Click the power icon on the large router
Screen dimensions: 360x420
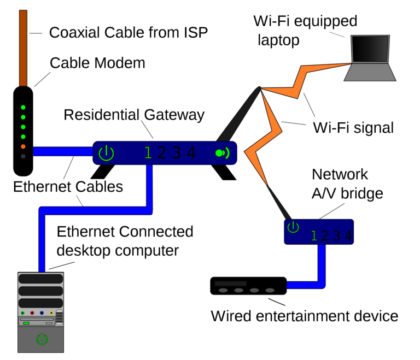point(106,154)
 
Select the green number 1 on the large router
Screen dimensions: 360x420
point(148,153)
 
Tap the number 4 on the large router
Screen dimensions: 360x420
point(191,153)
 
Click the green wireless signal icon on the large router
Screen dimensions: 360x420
point(222,153)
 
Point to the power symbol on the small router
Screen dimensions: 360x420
point(293,227)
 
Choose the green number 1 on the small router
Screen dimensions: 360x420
point(314,236)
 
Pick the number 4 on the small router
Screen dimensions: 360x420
point(348,236)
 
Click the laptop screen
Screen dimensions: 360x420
point(370,49)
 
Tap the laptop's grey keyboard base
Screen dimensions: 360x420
point(370,72)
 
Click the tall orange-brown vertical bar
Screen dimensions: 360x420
point(23,48)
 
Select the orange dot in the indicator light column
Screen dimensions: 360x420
point(23,146)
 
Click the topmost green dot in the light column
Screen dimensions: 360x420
point(23,107)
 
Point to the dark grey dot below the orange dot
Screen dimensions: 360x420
point(23,156)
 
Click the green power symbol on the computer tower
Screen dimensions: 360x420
point(42,339)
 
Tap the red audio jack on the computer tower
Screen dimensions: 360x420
point(32,313)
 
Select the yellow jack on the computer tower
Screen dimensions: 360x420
point(51,313)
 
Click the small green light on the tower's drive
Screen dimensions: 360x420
point(26,323)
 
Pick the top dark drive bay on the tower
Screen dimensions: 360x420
point(40,279)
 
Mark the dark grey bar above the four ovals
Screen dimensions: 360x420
point(230,284)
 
